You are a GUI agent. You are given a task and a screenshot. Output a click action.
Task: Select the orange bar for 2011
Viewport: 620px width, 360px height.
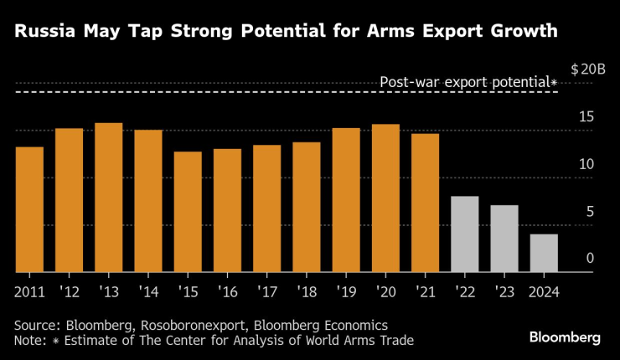click(x=29, y=209)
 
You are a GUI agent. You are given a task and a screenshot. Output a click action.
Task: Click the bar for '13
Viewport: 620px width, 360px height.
click(x=109, y=198)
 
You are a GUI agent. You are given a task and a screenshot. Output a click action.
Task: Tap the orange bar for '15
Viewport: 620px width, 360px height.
click(x=188, y=212)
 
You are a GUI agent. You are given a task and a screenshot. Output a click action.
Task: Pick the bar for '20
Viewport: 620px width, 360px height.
click(x=385, y=198)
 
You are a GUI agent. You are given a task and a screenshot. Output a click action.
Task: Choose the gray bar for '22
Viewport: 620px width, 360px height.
click(x=464, y=234)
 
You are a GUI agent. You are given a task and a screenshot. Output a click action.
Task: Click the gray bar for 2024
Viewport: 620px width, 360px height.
click(x=544, y=253)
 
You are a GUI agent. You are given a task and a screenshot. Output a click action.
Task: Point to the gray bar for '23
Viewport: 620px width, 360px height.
click(x=504, y=239)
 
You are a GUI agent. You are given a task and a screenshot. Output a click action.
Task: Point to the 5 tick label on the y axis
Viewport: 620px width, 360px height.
click(x=590, y=212)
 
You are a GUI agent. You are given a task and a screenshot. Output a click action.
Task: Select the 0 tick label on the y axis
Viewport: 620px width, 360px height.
click(x=590, y=259)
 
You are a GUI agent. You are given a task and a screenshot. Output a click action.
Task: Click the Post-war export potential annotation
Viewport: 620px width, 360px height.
click(x=468, y=82)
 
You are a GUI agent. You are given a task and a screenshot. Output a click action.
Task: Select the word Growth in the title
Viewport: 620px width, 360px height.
click(x=517, y=33)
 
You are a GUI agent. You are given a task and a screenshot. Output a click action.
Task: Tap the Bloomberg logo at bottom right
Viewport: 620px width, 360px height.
click(x=564, y=337)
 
